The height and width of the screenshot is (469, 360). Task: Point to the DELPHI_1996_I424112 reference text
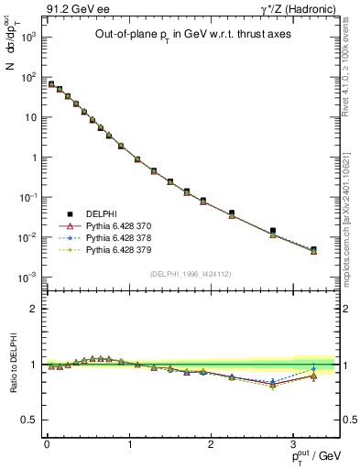(x=189, y=272)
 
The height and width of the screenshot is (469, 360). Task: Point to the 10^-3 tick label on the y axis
(x=27, y=277)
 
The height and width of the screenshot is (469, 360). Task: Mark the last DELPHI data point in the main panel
(x=313, y=249)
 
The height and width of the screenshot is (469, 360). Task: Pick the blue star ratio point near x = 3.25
(x=313, y=369)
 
